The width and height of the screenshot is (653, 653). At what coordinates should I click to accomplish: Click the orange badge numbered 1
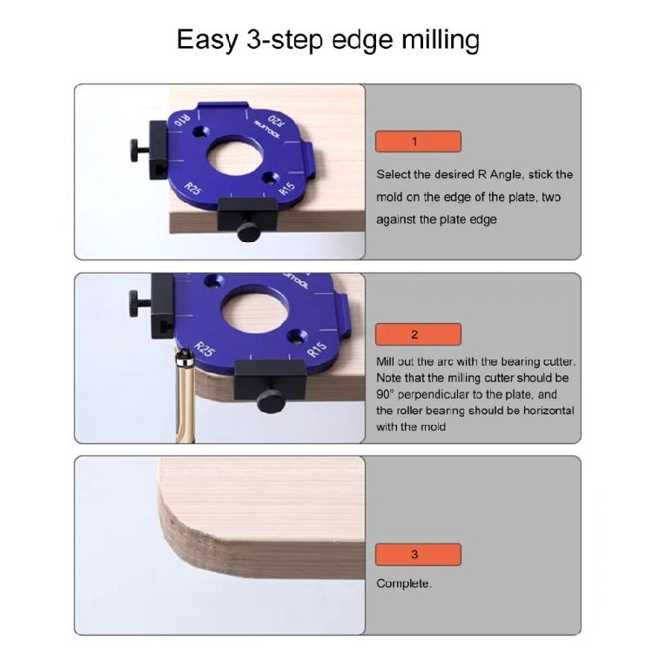click(418, 142)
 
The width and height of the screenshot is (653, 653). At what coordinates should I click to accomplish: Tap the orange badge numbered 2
click(418, 334)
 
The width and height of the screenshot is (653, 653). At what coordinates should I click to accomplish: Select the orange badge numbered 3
click(418, 555)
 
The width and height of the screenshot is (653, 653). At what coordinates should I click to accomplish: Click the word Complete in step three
click(403, 583)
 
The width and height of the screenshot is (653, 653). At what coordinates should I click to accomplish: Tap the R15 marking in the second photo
click(318, 349)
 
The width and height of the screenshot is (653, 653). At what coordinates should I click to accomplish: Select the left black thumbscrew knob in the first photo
click(137, 144)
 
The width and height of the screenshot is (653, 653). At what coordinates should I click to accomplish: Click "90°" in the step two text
click(388, 394)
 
